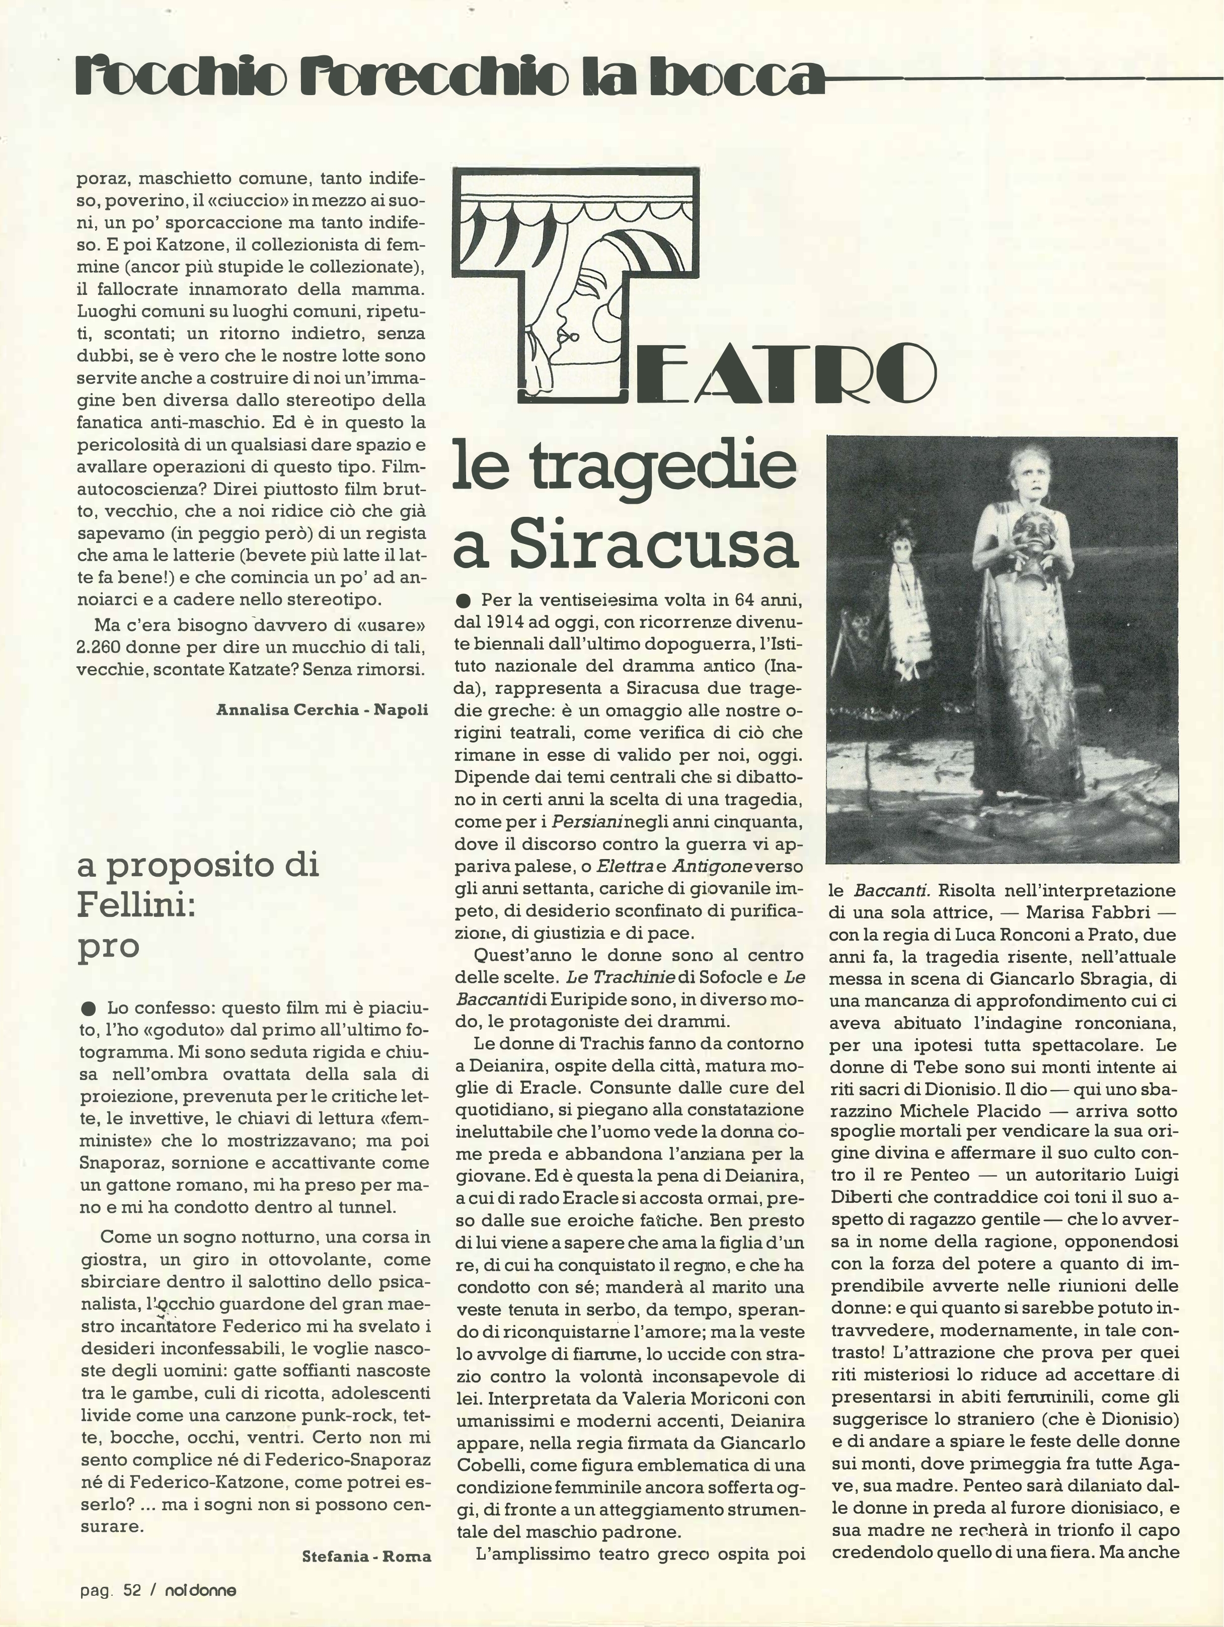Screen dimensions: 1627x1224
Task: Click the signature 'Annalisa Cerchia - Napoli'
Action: pyautogui.click(x=322, y=709)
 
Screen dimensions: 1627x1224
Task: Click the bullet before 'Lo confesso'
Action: pyautogui.click(x=90, y=1006)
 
